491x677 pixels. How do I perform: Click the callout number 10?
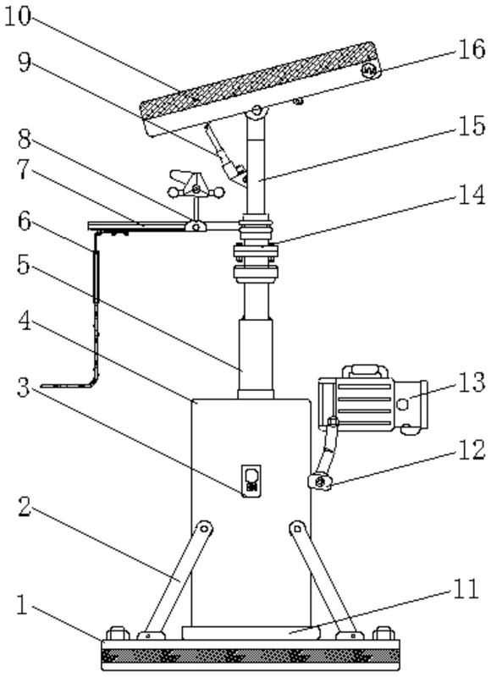pos(19,18)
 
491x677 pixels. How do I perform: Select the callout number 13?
pos(472,383)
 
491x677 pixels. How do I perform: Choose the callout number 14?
pos(472,195)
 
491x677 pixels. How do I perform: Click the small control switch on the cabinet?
pos(251,480)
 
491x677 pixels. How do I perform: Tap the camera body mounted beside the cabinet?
pos(372,404)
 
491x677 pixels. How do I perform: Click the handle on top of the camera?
pos(365,372)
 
